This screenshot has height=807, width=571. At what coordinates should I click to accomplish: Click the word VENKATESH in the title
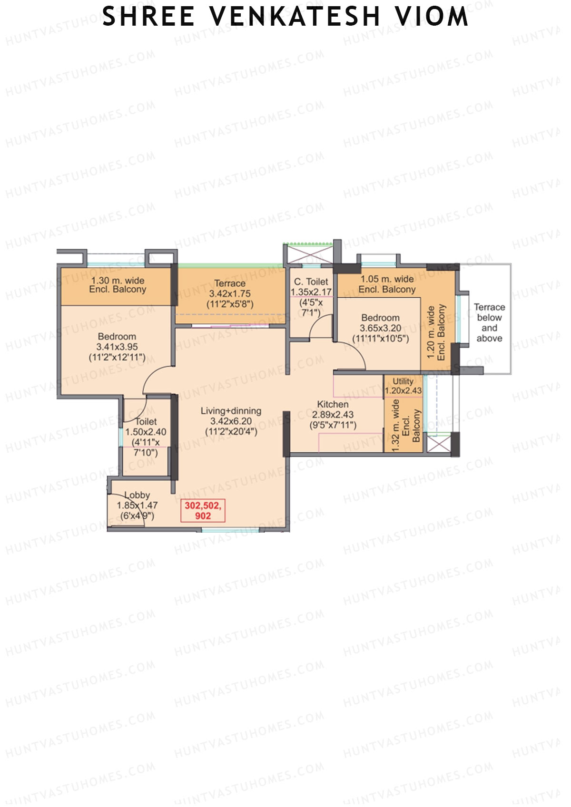[x=295, y=16]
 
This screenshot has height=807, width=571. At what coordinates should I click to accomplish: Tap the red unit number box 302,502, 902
[x=203, y=510]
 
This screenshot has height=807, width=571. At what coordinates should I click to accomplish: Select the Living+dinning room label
[x=231, y=411]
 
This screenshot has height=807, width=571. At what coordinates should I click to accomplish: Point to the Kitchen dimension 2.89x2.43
[x=333, y=415]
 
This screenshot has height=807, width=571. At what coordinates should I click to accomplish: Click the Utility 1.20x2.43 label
[x=403, y=386]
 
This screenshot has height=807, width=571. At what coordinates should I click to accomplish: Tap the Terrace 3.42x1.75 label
[x=230, y=293]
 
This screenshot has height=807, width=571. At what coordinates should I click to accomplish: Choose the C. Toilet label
[x=311, y=282]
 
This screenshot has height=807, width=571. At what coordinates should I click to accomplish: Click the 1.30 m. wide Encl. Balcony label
[x=118, y=285]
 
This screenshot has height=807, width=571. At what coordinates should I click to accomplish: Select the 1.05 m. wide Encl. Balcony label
[x=387, y=284]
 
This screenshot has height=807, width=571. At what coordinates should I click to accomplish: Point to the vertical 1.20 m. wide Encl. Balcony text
[x=436, y=332]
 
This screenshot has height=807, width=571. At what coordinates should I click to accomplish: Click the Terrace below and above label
[x=489, y=323]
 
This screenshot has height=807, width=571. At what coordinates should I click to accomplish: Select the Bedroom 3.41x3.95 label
[x=117, y=347]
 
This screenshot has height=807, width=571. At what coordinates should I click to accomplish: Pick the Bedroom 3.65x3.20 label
[x=380, y=328]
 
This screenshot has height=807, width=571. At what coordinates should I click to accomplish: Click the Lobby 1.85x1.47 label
[x=137, y=505]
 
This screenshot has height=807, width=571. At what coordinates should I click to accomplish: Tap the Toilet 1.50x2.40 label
[x=146, y=437]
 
